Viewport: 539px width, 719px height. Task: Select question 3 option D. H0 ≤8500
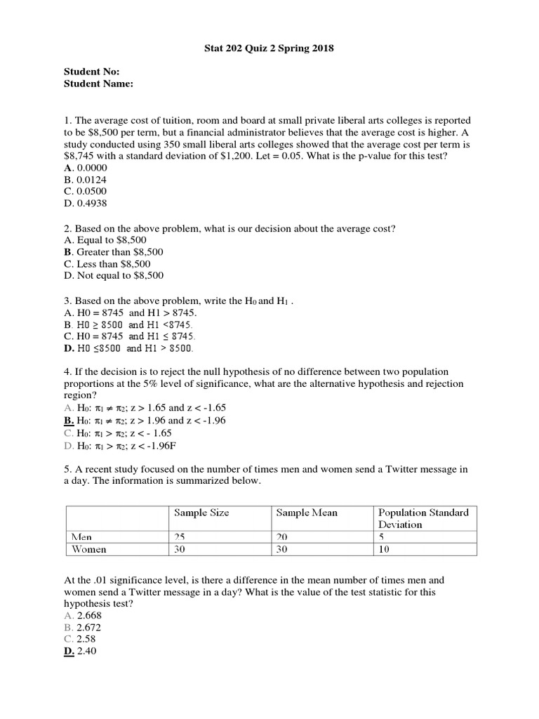[128, 348]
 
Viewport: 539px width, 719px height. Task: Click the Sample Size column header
[201, 513]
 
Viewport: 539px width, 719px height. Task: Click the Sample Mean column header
[307, 513]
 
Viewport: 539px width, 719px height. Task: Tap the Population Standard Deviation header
[423, 518]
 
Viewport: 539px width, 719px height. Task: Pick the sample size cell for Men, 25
[180, 537]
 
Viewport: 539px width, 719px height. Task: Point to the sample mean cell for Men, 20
[282, 537]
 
